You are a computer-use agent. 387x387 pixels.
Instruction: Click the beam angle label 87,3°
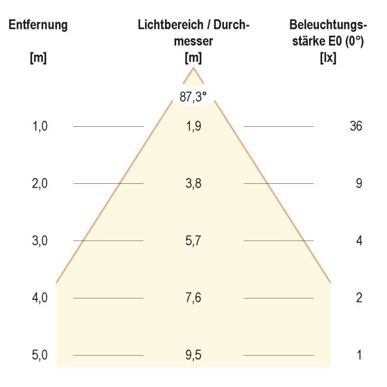[193, 96]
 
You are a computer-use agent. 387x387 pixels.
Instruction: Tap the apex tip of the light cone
[193, 68]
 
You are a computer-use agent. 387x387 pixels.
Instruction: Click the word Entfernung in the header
[38, 26]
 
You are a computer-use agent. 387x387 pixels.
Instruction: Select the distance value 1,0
[40, 126]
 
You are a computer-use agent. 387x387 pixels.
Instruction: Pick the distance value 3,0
[40, 241]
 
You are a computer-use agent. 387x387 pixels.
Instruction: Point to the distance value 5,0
[40, 355]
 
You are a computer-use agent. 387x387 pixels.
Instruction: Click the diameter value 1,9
[193, 126]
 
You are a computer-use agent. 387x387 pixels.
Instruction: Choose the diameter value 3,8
[193, 183]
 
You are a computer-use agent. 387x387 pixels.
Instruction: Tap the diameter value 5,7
[193, 241]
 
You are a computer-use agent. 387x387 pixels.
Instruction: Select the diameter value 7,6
[193, 298]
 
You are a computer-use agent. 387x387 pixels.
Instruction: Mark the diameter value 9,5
[193, 355]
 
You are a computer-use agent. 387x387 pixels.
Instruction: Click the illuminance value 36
[356, 126]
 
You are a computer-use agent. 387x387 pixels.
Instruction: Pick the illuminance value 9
[359, 183]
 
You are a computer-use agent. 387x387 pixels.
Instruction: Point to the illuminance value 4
[359, 241]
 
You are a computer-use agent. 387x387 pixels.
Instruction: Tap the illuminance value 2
[359, 298]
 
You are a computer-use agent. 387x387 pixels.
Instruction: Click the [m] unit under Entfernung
[38, 58]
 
